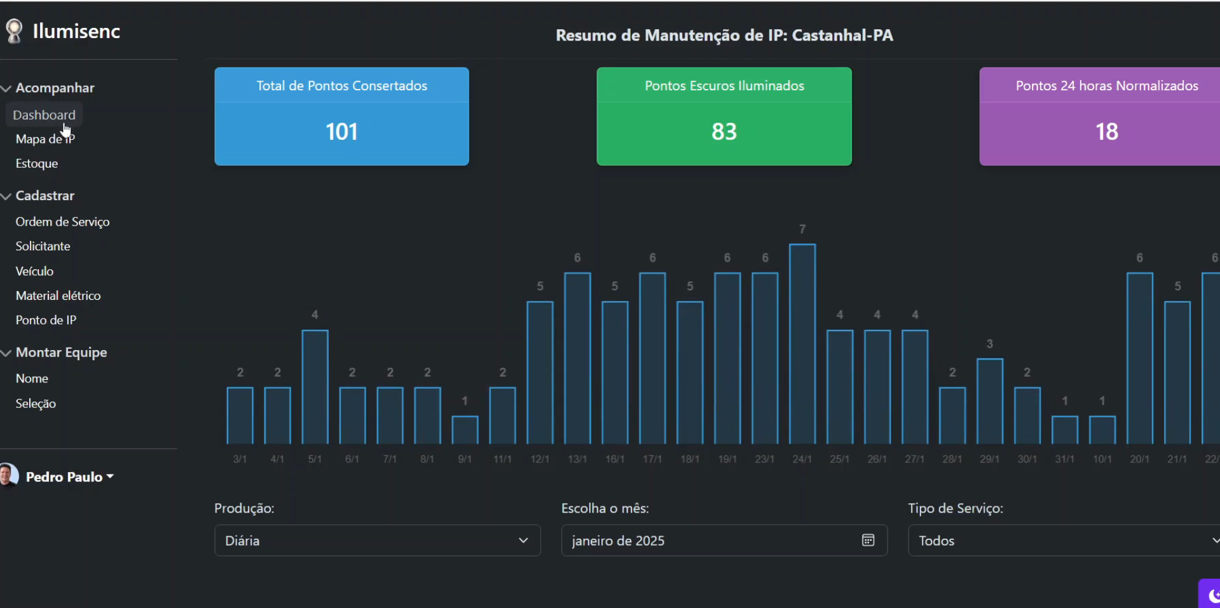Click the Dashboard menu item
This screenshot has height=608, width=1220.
coord(44,115)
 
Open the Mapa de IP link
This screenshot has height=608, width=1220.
coord(45,139)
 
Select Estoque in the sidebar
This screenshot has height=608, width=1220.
coord(37,163)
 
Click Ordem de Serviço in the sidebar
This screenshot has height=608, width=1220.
coord(62,222)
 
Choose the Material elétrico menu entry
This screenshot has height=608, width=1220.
coord(58,295)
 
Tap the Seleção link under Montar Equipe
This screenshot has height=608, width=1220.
coord(36,403)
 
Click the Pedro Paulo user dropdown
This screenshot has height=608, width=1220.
coord(69,476)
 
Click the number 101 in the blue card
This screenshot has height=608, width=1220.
coord(341,132)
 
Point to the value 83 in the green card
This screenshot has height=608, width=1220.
coord(723,132)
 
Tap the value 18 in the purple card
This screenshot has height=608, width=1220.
coord(1106,132)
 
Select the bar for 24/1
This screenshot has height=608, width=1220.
coord(802,344)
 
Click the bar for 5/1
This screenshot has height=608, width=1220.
coord(315,386)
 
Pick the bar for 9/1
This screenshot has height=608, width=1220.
coord(465,430)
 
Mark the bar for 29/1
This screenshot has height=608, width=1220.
coord(989,402)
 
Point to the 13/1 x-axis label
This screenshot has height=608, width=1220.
coord(577,459)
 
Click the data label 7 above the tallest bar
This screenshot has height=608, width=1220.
coord(802,229)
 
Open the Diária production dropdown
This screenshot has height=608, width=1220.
coord(377,541)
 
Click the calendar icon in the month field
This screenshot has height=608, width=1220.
coord(868,540)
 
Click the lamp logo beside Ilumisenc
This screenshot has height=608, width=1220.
coord(14,31)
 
